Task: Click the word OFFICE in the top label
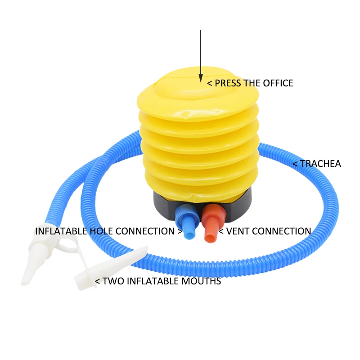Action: coord(276,83)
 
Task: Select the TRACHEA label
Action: coord(320,164)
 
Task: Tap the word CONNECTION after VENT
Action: coord(283,231)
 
